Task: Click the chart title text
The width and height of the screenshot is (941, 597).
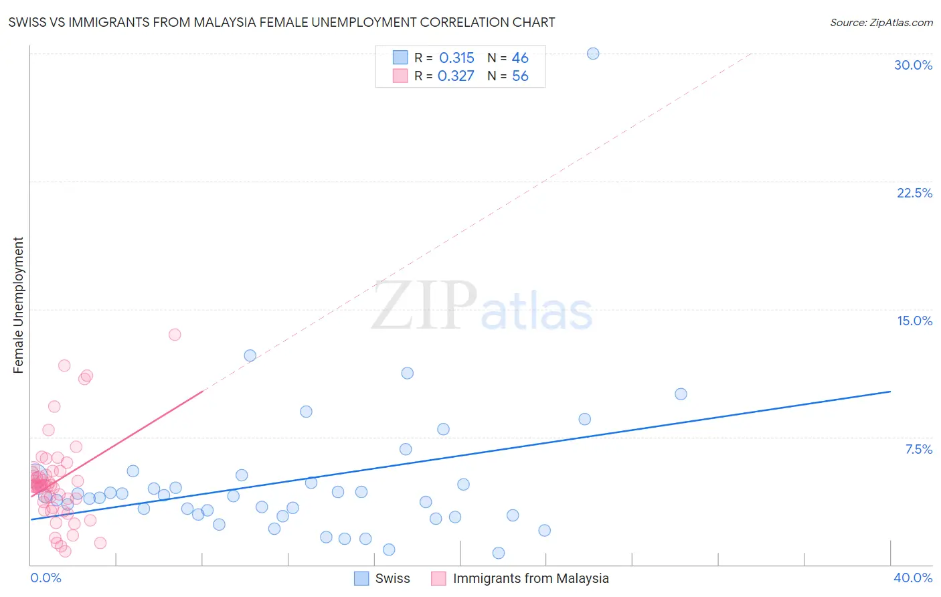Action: [x=282, y=22]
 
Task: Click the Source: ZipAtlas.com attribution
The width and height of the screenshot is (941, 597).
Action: [x=881, y=22]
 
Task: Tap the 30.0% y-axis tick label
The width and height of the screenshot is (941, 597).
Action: [x=913, y=65]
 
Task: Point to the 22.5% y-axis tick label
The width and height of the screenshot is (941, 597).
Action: [x=914, y=193]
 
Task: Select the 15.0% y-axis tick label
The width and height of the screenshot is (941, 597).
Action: [x=914, y=321]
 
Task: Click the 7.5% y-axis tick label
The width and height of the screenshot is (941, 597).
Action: [x=918, y=449]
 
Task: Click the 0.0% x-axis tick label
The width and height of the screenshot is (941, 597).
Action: [x=46, y=578]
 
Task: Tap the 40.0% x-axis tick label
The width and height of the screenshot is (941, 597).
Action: [x=912, y=578]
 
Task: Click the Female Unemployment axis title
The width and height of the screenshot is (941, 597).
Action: [x=18, y=305]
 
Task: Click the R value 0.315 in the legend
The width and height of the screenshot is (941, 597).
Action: [x=456, y=58]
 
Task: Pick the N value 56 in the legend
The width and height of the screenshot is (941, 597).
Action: [x=520, y=76]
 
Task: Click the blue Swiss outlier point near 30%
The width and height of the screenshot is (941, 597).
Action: [x=593, y=54]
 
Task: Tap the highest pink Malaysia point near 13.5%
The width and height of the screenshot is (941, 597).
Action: [x=175, y=335]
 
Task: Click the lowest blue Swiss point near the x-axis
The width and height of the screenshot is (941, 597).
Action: [x=499, y=553]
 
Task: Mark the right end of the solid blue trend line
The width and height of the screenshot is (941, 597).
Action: [x=890, y=392]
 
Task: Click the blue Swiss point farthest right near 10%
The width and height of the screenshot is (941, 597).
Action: [x=681, y=394]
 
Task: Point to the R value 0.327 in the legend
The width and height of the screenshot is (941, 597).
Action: [x=456, y=76]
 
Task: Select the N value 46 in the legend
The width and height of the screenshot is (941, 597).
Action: [x=520, y=58]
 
